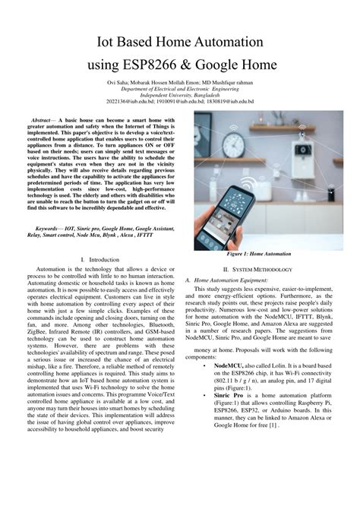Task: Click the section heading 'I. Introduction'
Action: click(99, 260)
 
